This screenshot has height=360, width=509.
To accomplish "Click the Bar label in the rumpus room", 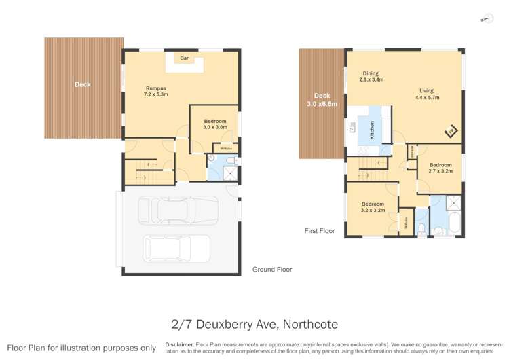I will pos(184,59).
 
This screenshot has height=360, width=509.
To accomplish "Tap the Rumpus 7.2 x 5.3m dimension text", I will pos(155,92).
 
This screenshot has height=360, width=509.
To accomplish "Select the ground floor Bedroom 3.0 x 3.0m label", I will pos(214,124).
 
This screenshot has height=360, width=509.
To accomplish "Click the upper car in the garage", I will pos(178,210).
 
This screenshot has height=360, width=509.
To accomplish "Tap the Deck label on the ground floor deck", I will pos(83,85).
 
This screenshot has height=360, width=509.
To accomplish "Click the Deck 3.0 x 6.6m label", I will pos(322,100).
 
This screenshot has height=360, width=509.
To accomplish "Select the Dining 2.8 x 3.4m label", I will pos(371,77).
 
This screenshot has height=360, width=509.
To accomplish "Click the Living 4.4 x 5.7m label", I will pos(426,94).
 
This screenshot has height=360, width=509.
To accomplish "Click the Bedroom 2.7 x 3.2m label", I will pos(440,168).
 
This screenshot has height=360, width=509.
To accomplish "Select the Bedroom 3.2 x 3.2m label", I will pos(373,207).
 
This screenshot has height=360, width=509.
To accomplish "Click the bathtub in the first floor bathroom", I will pos(448,221).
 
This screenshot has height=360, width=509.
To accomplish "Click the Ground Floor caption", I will pos(272,270).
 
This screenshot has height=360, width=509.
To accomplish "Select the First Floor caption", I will pos(320,231).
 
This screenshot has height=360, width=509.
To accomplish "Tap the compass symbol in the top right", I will pos(486,19).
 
